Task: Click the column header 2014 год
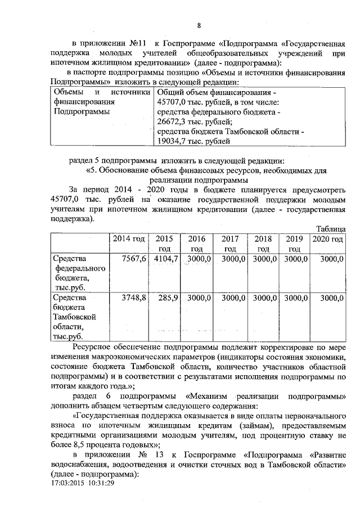(129, 239)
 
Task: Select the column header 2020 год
(327, 239)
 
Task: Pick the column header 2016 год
(196, 244)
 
